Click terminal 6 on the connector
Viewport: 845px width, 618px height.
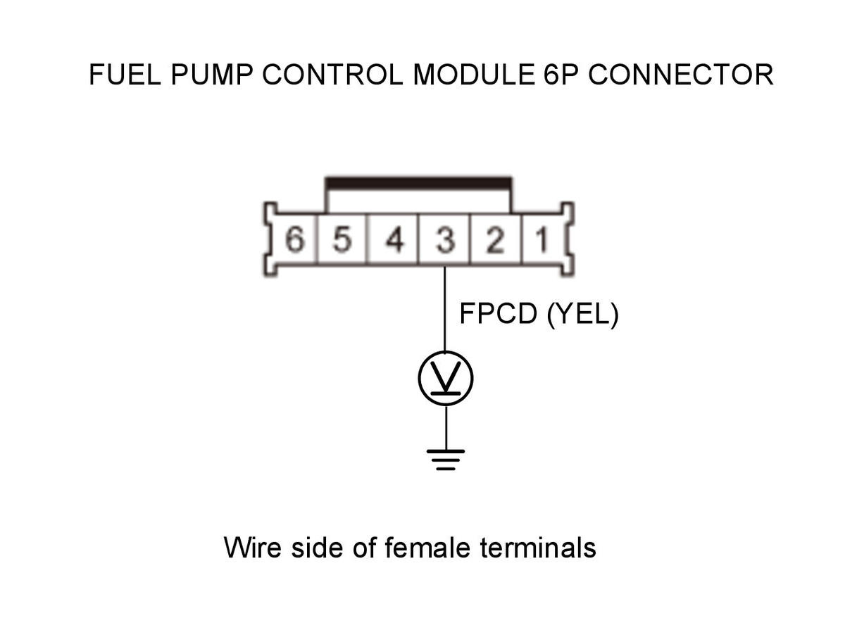(x=294, y=239)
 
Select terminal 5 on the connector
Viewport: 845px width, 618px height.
(x=342, y=239)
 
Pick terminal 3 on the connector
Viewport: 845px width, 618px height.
(x=444, y=239)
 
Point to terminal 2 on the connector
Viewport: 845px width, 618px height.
(x=495, y=239)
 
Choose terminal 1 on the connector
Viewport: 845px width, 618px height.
(x=543, y=239)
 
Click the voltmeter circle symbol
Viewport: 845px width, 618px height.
(x=446, y=379)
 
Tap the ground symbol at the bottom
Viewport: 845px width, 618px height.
(x=446, y=460)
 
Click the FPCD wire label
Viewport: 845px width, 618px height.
(x=498, y=314)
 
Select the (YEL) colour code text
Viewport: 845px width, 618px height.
(x=583, y=315)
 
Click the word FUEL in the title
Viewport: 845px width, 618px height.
(x=125, y=75)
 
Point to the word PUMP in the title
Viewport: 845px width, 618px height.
(x=212, y=75)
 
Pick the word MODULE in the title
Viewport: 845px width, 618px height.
(x=474, y=75)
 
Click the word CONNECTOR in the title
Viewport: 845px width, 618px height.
(x=681, y=75)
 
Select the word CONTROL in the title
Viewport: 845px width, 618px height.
(x=332, y=75)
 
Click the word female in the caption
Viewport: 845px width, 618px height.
(x=427, y=548)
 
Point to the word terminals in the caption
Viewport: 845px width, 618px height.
(x=538, y=548)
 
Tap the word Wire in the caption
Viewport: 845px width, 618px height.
(x=252, y=548)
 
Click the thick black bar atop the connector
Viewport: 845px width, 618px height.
(x=418, y=183)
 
